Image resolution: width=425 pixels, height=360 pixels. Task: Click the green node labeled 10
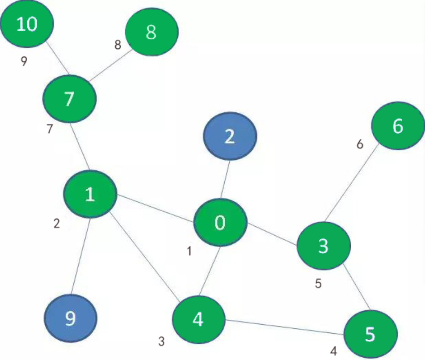(27, 24)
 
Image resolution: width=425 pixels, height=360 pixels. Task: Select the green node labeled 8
(151, 32)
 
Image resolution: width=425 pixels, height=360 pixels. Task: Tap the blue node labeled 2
(230, 136)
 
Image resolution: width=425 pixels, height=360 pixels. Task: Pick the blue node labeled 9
(71, 318)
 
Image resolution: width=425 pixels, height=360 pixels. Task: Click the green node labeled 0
(220, 222)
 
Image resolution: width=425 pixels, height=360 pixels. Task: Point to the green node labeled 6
(398, 126)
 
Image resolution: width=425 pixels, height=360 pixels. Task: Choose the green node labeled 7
(70, 99)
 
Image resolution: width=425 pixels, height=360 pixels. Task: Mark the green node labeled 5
(370, 334)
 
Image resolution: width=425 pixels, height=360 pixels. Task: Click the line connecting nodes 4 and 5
(285, 327)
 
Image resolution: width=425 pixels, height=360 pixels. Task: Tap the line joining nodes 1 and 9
(80, 256)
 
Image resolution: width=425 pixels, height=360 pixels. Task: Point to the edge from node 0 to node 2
(225, 179)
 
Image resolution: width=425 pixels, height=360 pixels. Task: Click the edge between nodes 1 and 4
(144, 256)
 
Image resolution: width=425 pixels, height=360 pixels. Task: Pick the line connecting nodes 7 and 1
(80, 147)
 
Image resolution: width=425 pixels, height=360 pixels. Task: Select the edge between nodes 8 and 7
(111, 65)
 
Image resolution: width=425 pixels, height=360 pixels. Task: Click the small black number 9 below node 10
(24, 61)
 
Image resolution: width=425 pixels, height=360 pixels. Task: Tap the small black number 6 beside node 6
(360, 144)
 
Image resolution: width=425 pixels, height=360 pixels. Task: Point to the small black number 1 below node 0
(189, 251)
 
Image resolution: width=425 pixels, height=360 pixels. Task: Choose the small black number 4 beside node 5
(334, 351)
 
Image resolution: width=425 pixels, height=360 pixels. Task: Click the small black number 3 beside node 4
(161, 341)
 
